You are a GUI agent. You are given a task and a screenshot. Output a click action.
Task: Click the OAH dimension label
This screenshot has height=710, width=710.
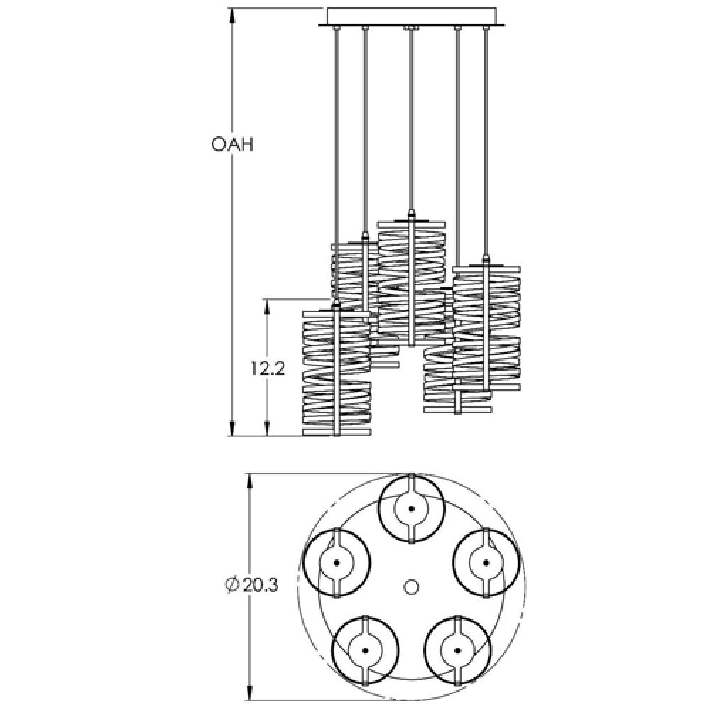[232, 144]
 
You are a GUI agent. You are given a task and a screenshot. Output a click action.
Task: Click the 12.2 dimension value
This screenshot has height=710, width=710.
[267, 368]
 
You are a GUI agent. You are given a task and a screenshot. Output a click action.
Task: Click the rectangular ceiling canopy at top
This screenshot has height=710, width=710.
[413, 15]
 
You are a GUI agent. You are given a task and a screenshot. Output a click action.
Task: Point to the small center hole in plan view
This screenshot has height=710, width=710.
[410, 586]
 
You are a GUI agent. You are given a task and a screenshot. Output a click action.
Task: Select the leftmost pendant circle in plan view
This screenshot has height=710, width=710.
[337, 563]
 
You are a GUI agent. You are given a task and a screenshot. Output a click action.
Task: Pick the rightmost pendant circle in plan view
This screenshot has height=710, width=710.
[486, 563]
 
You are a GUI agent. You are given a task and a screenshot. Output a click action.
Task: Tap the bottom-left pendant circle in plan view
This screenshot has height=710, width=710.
[365, 650]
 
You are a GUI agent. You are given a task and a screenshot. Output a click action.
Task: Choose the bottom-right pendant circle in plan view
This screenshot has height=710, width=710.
[457, 650]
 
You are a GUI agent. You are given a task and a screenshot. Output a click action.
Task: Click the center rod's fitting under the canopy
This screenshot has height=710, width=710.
[410, 28]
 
